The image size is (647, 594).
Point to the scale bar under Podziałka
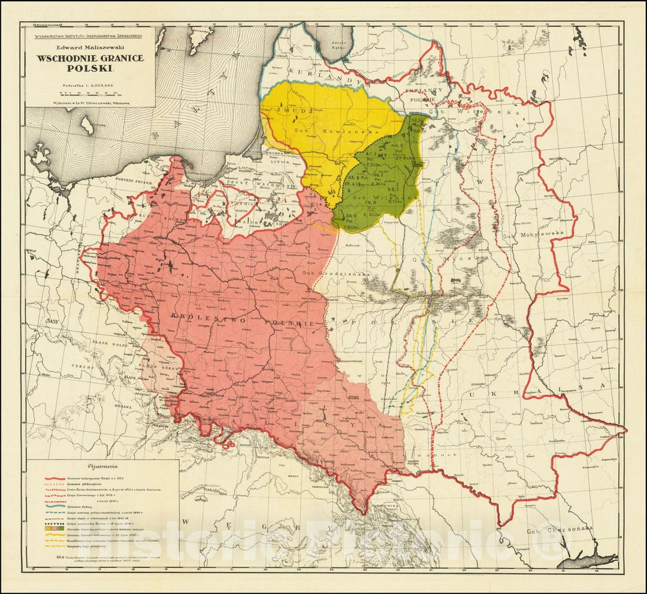pyautogui.click(x=90, y=93)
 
